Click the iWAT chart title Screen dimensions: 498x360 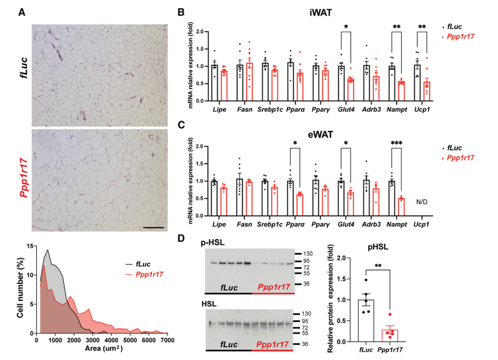321,13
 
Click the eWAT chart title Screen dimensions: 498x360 321,135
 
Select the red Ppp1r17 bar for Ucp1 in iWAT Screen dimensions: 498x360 427,91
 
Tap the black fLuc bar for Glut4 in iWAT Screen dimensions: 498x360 341,84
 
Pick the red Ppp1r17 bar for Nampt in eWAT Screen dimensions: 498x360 401,207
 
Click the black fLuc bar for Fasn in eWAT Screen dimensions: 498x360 240,198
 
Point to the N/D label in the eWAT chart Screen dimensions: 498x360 422,202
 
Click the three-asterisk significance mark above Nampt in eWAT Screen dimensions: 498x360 396,143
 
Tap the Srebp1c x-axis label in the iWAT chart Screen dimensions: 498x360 269,109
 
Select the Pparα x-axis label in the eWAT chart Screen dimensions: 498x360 295,224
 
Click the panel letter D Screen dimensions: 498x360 181,238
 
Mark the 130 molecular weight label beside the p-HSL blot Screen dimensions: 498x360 308,253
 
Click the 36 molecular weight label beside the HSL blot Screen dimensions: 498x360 305,344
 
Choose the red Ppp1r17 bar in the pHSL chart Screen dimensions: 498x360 390,336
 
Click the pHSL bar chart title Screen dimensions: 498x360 378,247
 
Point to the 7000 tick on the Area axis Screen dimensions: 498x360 168,340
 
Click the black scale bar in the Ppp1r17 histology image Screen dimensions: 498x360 153,228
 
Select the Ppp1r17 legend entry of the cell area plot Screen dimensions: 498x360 145,274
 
